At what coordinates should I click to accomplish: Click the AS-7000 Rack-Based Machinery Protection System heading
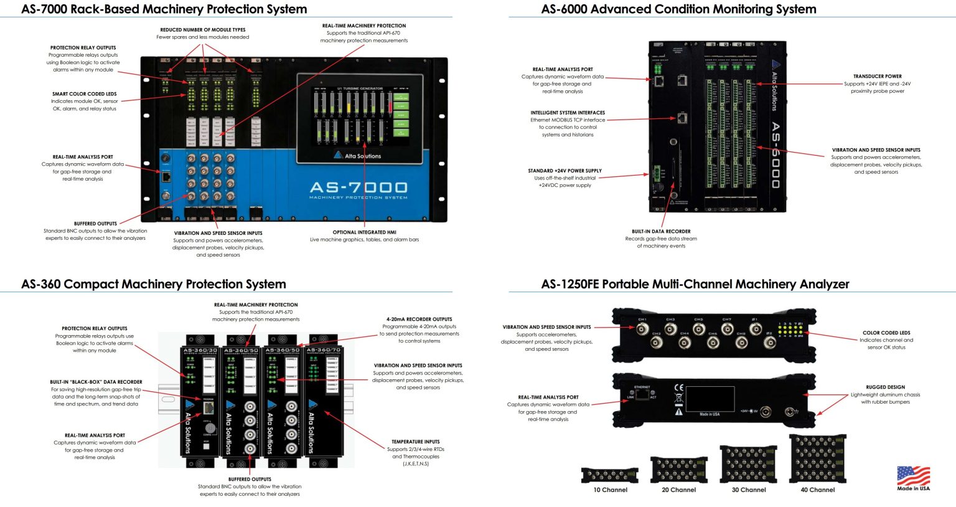pos(164,9)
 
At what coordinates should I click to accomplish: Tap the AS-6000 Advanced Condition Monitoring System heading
pos(678,9)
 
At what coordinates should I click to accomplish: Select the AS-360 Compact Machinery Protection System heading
pos(154,284)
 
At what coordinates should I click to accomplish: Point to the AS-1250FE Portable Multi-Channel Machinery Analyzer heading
pos(695,284)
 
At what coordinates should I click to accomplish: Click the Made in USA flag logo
pos(913,476)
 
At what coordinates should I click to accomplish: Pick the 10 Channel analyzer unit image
pos(609,475)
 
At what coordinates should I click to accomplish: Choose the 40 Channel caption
pos(817,490)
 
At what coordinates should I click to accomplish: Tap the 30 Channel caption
pos(748,490)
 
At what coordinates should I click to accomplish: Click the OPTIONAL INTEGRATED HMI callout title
pos(364,232)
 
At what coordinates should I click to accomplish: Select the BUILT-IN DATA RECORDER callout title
pos(661,232)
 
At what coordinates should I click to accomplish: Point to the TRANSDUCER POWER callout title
pos(877,77)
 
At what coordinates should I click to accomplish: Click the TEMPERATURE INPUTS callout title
pos(415,442)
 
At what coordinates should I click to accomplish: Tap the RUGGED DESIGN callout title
pos(885,387)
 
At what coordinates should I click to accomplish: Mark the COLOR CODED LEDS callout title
pos(886,333)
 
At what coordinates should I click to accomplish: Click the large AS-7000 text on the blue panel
pos(358,187)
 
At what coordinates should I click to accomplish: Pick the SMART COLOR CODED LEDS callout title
pos(84,94)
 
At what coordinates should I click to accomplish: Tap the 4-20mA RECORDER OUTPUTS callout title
pos(419,319)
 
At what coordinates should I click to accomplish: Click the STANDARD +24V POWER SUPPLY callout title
pos(565,171)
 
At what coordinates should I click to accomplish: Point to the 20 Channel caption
pos(678,490)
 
